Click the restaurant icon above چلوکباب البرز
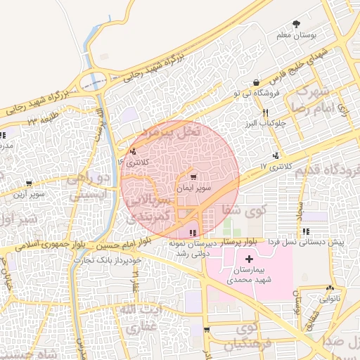click(x=265, y=112)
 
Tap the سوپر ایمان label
click(x=191, y=190)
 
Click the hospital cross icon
click(x=250, y=260)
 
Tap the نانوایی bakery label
click(x=331, y=298)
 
